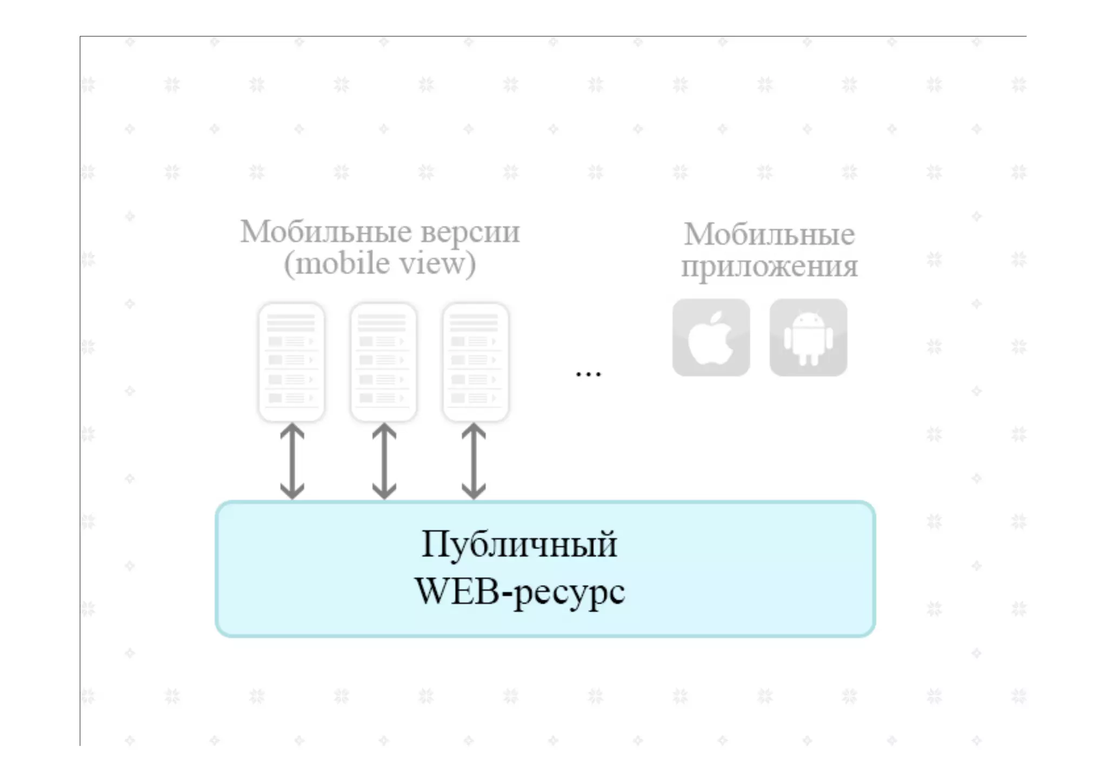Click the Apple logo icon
click(711, 338)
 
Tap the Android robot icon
click(808, 338)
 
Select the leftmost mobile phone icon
click(291, 362)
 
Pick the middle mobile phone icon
click(383, 362)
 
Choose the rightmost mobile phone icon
click(475, 362)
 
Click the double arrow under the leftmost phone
click(292, 461)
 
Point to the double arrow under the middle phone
click(384, 461)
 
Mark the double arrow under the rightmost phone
click(474, 461)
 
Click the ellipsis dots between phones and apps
click(588, 373)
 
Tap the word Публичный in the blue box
click(519, 544)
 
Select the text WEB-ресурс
click(519, 592)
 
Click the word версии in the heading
click(470, 232)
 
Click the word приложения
click(769, 267)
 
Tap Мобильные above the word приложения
click(769, 235)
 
